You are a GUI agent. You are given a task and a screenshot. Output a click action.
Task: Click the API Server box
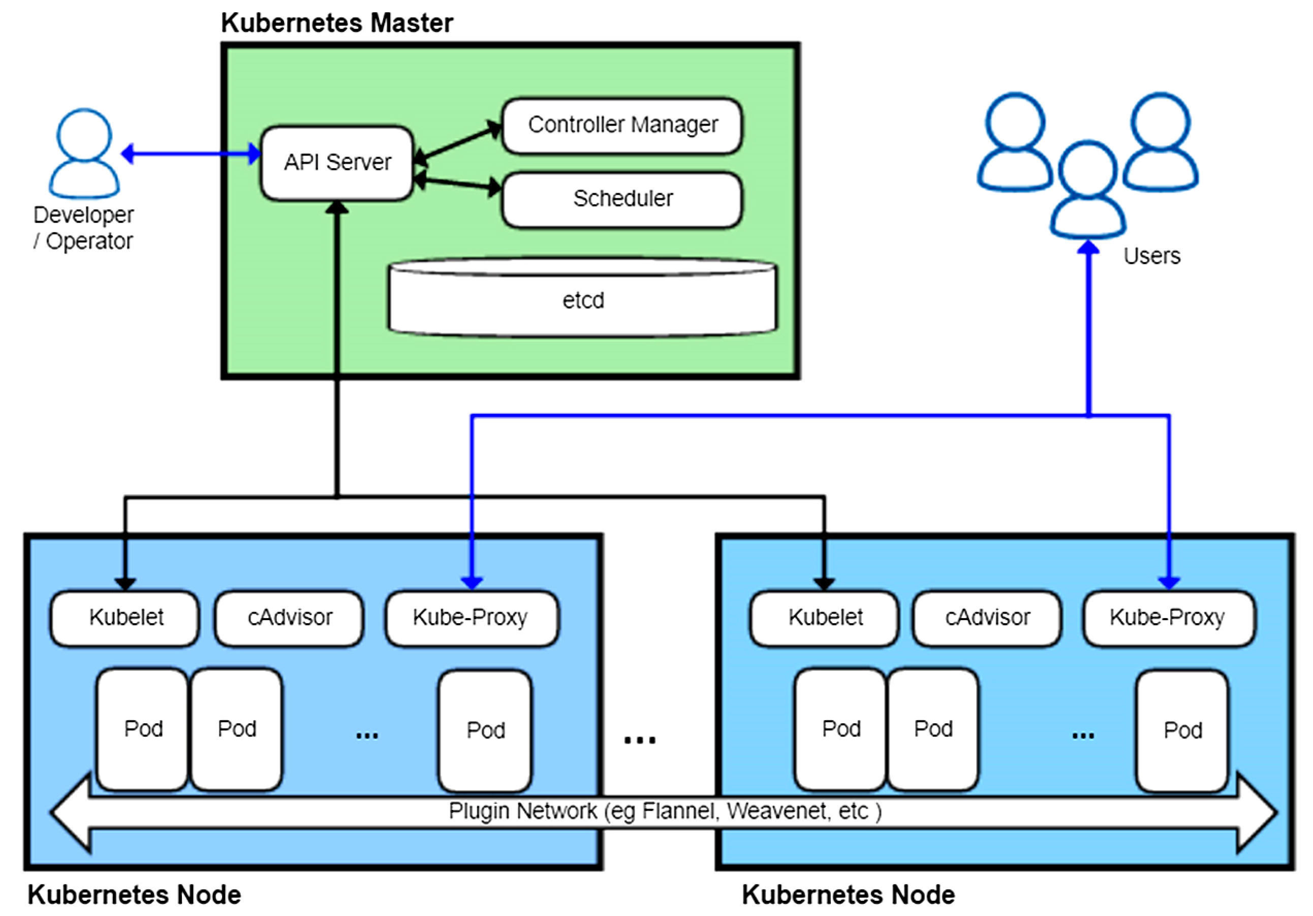[x=337, y=163]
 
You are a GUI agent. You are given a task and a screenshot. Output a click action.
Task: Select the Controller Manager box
[x=622, y=125]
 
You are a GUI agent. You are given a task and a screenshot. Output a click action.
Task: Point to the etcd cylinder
[x=582, y=297]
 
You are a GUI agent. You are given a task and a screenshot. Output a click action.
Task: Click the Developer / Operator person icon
[x=85, y=154]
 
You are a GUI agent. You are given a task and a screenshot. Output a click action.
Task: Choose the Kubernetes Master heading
[x=337, y=23]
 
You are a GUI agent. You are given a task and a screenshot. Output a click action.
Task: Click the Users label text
[x=1152, y=256]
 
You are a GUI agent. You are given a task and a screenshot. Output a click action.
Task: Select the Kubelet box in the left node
[x=124, y=618]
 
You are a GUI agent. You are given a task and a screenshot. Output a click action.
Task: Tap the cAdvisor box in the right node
[x=987, y=618]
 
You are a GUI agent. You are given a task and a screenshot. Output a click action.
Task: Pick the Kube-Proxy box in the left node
[x=472, y=618]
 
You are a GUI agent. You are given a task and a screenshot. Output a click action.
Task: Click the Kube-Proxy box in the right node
[x=1169, y=618]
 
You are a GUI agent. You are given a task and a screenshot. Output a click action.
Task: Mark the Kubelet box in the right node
[x=824, y=618]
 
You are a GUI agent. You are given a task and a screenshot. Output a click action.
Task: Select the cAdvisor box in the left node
[x=289, y=618]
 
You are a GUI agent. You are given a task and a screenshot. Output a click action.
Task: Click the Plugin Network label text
[x=665, y=811]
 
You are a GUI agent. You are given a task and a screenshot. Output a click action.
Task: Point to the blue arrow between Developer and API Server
[x=191, y=154]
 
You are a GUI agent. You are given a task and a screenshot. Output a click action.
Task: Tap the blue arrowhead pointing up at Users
[x=1088, y=247]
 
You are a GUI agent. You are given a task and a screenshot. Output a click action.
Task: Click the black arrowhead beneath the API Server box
[x=337, y=207]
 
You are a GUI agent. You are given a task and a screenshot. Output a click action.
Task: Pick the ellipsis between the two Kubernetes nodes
[x=640, y=740]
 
